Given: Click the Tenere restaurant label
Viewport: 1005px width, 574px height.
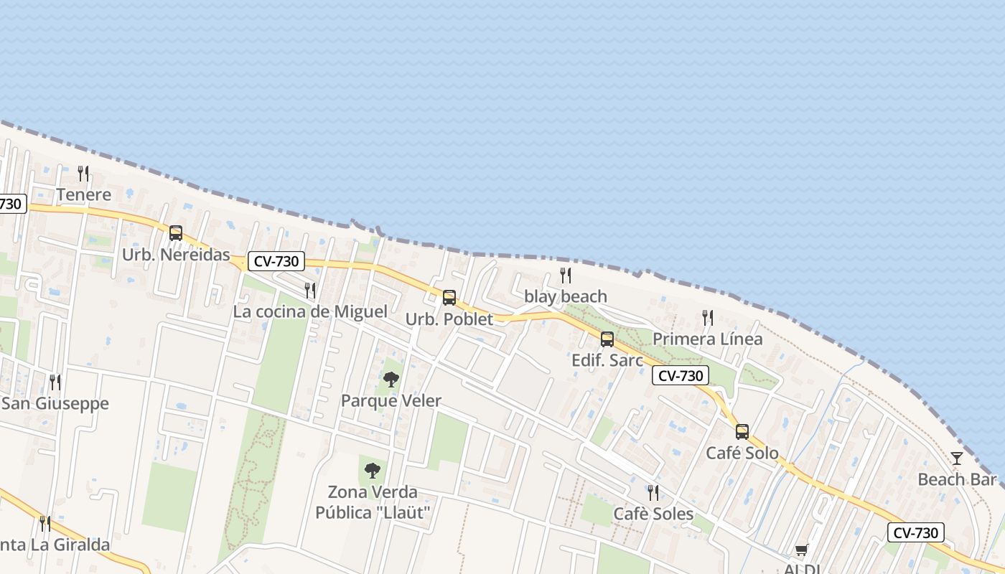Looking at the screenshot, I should (x=84, y=194).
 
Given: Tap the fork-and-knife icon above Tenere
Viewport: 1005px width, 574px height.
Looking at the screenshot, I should (x=83, y=173).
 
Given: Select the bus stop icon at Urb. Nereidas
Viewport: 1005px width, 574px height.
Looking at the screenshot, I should (x=176, y=233).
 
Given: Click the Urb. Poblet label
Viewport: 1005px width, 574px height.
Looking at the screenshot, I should (x=449, y=319).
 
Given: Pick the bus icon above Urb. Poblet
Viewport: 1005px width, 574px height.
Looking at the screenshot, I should (x=449, y=298).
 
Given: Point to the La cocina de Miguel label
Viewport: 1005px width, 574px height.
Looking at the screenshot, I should (x=310, y=312).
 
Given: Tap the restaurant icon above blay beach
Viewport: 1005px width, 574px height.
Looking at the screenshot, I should (x=566, y=275).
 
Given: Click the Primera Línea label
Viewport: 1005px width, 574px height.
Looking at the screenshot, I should (x=707, y=339).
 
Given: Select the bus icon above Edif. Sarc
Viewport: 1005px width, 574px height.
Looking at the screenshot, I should (x=607, y=339).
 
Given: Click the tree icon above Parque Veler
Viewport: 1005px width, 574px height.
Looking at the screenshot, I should (x=391, y=380).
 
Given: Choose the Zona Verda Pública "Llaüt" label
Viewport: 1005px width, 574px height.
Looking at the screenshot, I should (x=373, y=502).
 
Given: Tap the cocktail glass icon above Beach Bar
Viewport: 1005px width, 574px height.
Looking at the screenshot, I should (x=957, y=458).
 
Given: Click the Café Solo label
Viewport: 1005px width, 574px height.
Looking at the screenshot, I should (x=742, y=453).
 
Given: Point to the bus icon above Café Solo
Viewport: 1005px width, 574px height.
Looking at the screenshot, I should (x=742, y=432).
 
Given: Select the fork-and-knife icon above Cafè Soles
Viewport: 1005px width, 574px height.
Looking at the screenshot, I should (x=653, y=492).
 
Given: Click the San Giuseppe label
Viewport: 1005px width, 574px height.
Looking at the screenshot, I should (x=55, y=403).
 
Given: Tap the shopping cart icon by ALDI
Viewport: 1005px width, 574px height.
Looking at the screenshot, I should (x=802, y=550).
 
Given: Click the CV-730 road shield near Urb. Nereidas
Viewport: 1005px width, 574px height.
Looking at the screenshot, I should (x=277, y=261).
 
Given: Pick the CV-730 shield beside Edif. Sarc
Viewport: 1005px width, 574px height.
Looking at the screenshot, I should (x=681, y=375).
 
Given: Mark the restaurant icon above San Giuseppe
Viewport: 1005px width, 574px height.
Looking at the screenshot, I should (x=55, y=382).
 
